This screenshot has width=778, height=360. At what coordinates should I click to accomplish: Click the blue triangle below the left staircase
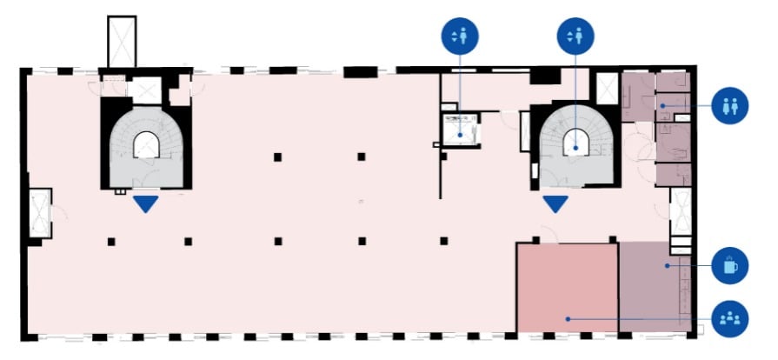pos(146,204)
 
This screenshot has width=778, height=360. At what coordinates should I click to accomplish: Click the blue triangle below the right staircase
pos(555,204)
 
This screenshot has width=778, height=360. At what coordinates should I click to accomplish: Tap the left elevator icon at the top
pos(459,37)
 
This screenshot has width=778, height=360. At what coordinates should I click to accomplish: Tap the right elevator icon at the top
pos(575,37)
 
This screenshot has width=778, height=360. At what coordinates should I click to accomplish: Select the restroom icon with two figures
pos(729,106)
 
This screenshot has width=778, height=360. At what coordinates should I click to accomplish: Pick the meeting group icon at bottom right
pos(729,318)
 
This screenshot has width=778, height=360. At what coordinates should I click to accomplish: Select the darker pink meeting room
pos(567,287)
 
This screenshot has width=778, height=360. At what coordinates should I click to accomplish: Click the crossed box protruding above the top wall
pos(121,41)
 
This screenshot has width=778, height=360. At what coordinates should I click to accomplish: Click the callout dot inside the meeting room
pos(568,319)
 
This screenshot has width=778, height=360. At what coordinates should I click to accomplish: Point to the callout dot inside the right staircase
pos(575,147)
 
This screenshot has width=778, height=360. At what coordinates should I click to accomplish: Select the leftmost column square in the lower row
pos(111,241)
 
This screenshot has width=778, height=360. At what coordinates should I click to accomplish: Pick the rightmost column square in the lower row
pos(443,241)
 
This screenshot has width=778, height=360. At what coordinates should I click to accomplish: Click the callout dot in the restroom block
pos(662,106)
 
